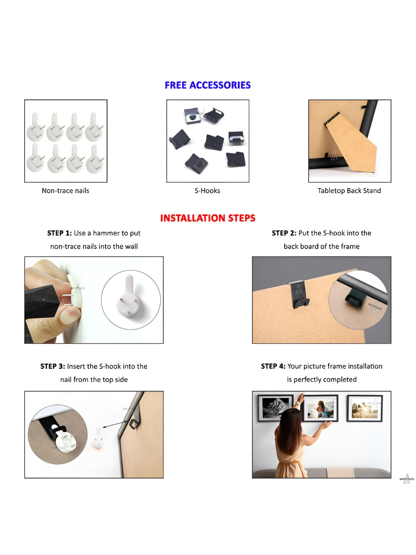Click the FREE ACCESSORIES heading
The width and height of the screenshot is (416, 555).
pyautogui.click(x=207, y=85)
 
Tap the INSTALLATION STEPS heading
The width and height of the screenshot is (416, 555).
pyautogui.click(x=208, y=218)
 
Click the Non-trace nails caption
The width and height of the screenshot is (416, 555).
pyautogui.click(x=65, y=191)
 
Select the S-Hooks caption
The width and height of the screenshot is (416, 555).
pyautogui.click(x=207, y=191)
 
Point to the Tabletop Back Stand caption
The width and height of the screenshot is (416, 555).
pyautogui.click(x=349, y=191)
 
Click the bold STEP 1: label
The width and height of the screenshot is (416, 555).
pyautogui.click(x=60, y=233)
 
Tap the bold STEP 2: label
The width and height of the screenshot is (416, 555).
pyautogui.click(x=284, y=233)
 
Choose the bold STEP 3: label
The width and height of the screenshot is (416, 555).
pyautogui.click(x=53, y=366)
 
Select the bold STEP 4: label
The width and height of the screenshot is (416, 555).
pyautogui.click(x=273, y=366)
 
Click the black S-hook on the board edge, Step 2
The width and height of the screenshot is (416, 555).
pyautogui.click(x=300, y=295)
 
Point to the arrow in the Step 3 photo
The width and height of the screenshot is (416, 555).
pyautogui.click(x=115, y=424)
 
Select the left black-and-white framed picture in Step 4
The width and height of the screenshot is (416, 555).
pyautogui.click(x=276, y=408)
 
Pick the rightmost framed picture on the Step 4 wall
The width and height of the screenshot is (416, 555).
pyautogui.click(x=364, y=408)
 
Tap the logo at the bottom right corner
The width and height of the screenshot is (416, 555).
pyautogui.click(x=406, y=479)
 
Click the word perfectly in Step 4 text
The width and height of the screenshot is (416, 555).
pyautogui.click(x=307, y=380)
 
